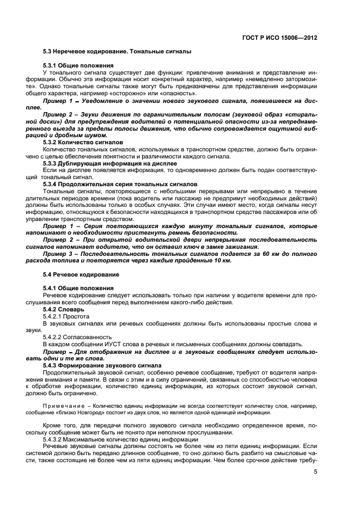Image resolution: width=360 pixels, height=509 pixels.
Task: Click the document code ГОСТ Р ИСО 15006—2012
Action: coord(279,39)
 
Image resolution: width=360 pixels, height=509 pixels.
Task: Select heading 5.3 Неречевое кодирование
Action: coord(117,52)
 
